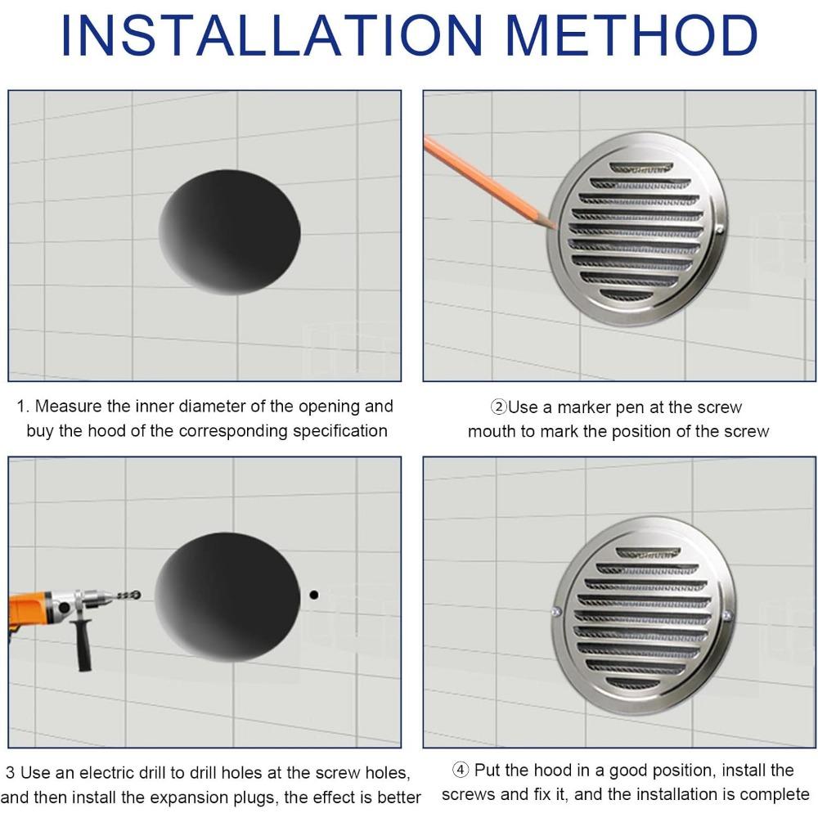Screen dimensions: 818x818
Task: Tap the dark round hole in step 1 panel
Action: click(x=230, y=232)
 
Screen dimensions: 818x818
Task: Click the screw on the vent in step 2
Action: click(x=719, y=230)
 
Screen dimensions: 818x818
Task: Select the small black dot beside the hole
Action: click(x=313, y=595)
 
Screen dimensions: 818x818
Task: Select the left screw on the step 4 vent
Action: click(x=556, y=611)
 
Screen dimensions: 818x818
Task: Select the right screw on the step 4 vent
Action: click(x=726, y=614)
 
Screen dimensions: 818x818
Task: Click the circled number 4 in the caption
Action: click(x=461, y=770)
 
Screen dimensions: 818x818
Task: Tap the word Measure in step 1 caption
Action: click(x=68, y=407)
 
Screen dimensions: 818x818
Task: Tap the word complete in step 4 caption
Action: click(x=771, y=794)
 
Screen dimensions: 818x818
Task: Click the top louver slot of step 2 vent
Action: click(x=640, y=168)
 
